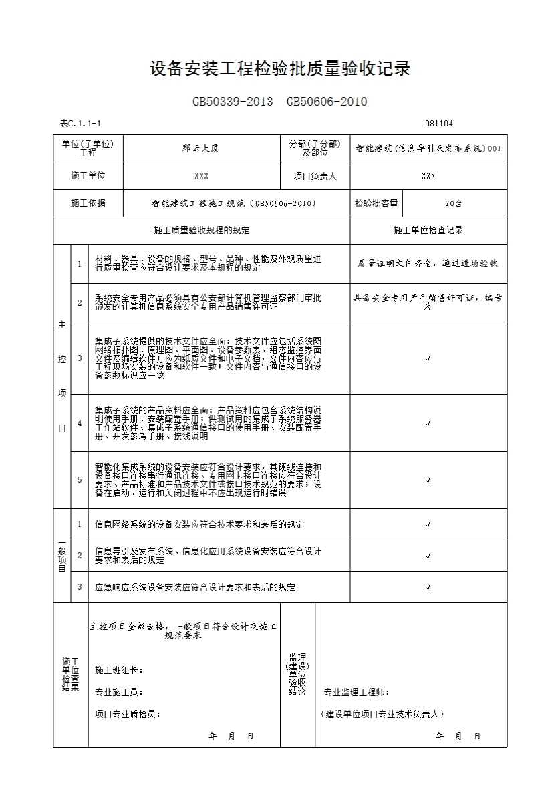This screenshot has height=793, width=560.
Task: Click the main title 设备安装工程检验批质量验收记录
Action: coord(279,69)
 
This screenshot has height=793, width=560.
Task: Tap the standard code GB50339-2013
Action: coord(233,102)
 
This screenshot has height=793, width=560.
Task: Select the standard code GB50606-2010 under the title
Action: coord(327,102)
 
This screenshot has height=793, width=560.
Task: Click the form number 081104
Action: coord(438,124)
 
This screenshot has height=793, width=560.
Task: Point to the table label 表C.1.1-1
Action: coord(80,124)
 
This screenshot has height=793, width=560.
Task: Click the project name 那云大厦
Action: coord(201,148)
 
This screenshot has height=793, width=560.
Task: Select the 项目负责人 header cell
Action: coord(315,176)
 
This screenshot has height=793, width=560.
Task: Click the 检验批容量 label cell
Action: coord(376,203)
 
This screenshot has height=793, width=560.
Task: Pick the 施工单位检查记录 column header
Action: coord(428,231)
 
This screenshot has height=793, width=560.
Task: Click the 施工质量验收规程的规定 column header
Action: coord(201,231)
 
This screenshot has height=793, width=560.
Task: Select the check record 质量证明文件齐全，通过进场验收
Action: coord(428,263)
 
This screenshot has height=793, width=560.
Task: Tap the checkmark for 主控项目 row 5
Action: coord(428,480)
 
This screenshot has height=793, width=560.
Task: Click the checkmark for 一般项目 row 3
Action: coord(428,588)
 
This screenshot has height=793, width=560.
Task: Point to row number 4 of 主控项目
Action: coord(79,423)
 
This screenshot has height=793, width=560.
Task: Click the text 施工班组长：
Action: coord(119,670)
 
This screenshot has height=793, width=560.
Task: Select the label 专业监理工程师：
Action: coord(357,692)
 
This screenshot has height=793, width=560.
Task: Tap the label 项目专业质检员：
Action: coord(128,714)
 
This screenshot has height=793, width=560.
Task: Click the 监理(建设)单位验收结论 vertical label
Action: coord(297,675)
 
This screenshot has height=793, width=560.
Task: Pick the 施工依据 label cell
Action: coord(88,203)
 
